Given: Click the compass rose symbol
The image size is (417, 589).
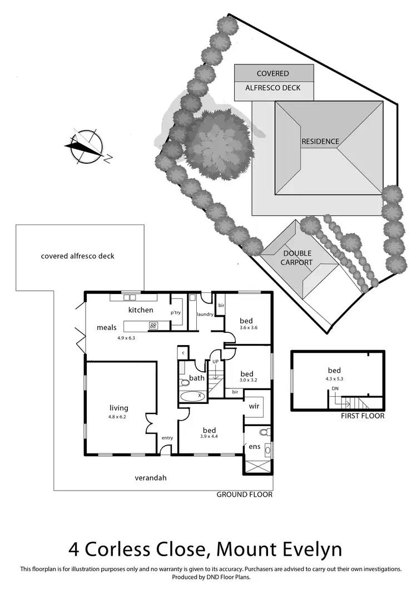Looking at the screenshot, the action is tap(85, 146).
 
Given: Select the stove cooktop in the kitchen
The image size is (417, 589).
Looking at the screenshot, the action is tap(153, 326).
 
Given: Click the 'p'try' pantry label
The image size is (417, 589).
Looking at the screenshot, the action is tap(176, 313).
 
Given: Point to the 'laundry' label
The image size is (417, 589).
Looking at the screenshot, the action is tap(205, 315).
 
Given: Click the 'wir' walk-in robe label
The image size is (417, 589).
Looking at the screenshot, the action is tap(254, 407).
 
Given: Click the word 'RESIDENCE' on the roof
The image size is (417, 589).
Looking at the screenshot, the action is tap(320, 142).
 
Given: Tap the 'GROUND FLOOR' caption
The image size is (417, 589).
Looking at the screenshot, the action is tap(245, 494).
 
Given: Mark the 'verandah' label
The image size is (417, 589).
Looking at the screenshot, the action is tap(151, 477).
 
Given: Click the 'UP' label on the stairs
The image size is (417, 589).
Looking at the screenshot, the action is tap(215, 362).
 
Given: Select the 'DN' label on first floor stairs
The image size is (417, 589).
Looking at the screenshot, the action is tap(335, 388).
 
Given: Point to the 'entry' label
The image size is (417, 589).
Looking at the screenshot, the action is tap(167, 438).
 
